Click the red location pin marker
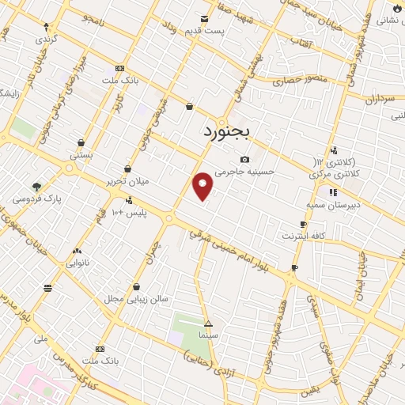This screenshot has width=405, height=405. coord(203,186)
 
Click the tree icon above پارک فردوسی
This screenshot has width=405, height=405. coord(37,187)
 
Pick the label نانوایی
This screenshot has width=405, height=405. coord(77,261)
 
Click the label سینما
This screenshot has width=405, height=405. coord(208,335)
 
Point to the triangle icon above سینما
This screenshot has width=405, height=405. coord(208,324)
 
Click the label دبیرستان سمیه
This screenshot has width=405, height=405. coord(332,203)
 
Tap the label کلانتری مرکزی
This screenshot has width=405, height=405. coord(333,173)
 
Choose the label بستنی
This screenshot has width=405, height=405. coord(81,155)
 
